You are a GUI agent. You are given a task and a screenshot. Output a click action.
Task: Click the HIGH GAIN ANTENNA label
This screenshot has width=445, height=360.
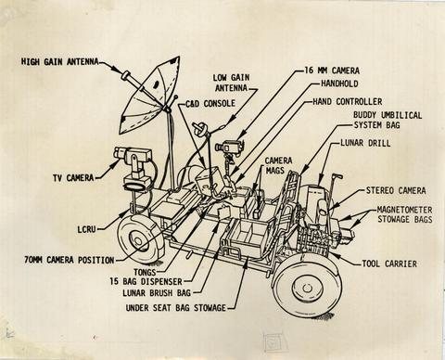pos(60,61)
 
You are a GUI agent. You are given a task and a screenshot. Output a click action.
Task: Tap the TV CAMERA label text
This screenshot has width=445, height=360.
pos(73,178)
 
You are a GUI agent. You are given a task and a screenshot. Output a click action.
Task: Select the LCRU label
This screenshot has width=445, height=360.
pos(86,229)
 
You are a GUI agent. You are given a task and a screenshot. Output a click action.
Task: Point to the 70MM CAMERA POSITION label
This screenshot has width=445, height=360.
pos(70,260)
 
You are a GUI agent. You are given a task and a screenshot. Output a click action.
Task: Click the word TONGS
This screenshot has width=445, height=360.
pos(145,272)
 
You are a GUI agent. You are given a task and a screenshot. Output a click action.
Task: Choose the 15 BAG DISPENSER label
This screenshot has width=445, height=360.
pos(146,282)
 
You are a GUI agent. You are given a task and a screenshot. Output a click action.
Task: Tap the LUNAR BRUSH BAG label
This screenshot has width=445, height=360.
pos(157,292)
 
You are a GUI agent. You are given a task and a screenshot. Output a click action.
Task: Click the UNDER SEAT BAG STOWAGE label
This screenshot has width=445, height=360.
pos(176,308)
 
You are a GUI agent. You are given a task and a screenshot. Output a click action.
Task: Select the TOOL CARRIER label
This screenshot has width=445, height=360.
pos(389,264)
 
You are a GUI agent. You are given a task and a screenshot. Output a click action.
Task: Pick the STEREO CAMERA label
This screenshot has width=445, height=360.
pos(396,190)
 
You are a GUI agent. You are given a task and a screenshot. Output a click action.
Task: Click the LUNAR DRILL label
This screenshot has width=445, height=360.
pos(365,143)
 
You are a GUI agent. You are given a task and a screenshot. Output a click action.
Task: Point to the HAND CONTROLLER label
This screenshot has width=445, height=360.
pos(348,101)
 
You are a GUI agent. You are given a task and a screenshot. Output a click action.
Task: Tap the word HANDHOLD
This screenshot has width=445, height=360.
pos(339,84)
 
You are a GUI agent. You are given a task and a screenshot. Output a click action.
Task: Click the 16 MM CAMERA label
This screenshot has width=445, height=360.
pos(332,71)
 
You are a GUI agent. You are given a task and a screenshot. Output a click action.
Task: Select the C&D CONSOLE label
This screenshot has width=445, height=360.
pos(210,103)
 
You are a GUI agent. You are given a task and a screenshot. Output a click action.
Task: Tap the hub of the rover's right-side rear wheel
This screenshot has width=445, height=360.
pos(306,289)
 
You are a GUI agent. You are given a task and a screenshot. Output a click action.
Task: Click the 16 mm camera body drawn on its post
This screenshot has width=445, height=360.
pos(230,146)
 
